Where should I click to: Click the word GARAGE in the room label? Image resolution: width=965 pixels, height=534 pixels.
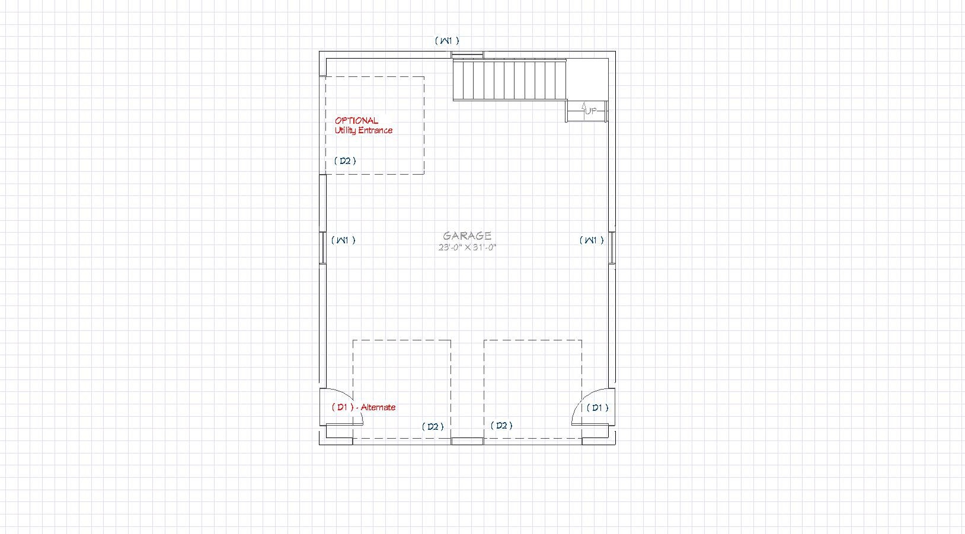(x=467, y=236)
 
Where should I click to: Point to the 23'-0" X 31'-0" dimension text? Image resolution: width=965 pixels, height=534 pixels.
(x=468, y=247)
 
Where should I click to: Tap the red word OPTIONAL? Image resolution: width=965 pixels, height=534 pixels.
(x=356, y=121)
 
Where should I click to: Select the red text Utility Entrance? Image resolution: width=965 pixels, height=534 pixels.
(x=363, y=130)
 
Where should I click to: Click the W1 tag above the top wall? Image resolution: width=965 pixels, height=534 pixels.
(x=447, y=40)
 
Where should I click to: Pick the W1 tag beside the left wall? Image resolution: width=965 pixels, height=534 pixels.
(x=343, y=240)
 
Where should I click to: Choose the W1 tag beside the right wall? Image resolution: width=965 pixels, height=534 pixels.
(x=592, y=240)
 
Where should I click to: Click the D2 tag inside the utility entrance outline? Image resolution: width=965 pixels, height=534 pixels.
(x=345, y=161)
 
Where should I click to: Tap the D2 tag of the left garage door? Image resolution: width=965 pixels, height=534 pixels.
(x=433, y=426)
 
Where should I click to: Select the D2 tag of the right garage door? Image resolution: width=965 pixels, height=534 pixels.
(x=501, y=426)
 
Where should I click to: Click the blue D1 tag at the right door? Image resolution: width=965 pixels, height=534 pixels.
(x=597, y=407)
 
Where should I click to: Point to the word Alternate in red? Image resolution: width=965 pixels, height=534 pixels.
(x=378, y=407)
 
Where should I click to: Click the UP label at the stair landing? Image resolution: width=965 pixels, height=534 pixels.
(x=590, y=111)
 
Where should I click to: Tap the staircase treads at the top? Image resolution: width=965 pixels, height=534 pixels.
(x=510, y=80)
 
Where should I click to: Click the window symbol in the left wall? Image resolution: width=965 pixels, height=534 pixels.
(x=322, y=247)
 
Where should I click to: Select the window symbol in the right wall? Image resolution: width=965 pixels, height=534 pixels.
(x=612, y=247)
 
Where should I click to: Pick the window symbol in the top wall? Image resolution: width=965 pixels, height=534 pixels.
(x=467, y=54)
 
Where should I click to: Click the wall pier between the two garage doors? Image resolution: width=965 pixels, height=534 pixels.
(x=468, y=441)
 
